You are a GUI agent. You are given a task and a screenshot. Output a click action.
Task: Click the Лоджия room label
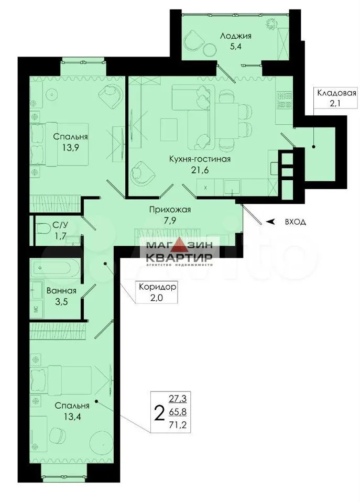click(235, 36)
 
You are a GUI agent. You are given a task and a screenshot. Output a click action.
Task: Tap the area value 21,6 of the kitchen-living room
click(200, 170)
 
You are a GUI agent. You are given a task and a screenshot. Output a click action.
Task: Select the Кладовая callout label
click(336, 93)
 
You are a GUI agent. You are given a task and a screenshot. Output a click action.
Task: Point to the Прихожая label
click(170, 210)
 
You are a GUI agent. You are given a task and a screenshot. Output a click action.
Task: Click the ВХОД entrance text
click(295, 222)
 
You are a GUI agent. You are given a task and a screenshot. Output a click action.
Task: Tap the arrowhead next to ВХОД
click(271, 221)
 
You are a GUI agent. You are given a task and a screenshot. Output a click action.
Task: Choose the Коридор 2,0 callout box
click(157, 292)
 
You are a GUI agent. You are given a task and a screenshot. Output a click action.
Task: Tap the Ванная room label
click(62, 291)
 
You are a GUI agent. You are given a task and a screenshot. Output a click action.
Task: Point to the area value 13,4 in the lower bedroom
click(72, 417)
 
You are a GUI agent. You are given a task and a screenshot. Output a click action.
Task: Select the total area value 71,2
click(178, 425)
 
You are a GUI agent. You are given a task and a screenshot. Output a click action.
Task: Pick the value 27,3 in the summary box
click(178, 399)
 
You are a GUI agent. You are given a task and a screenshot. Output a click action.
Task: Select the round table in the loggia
click(210, 49)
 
